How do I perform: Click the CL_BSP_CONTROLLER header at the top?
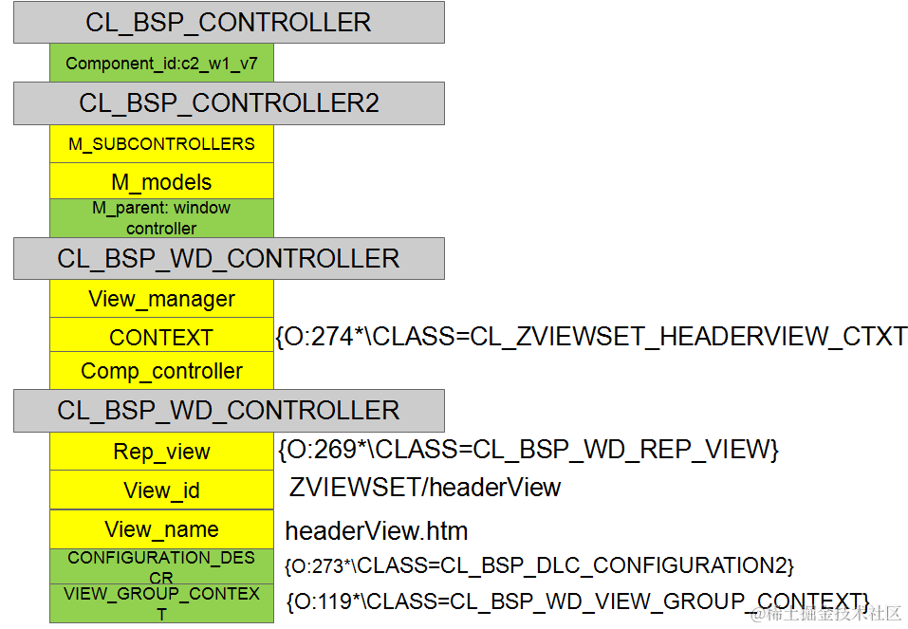228,22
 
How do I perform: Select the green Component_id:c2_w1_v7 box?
161,65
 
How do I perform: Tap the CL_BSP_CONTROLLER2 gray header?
228,103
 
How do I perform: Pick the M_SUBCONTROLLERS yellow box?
161,144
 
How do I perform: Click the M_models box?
161,182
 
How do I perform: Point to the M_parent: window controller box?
161,218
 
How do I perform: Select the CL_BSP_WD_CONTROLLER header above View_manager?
228,259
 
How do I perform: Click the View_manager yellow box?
161,299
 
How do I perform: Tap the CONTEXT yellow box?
161,337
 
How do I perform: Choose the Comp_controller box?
161,371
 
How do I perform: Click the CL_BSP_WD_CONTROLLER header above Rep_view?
228,411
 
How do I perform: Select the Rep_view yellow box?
161,453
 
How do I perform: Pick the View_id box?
161,490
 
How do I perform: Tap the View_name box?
161,529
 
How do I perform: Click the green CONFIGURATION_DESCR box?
161,566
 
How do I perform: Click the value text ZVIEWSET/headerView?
425,488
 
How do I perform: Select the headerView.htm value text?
377,530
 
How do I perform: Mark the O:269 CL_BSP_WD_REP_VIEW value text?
528,450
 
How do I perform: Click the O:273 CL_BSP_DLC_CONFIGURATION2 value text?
538,565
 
